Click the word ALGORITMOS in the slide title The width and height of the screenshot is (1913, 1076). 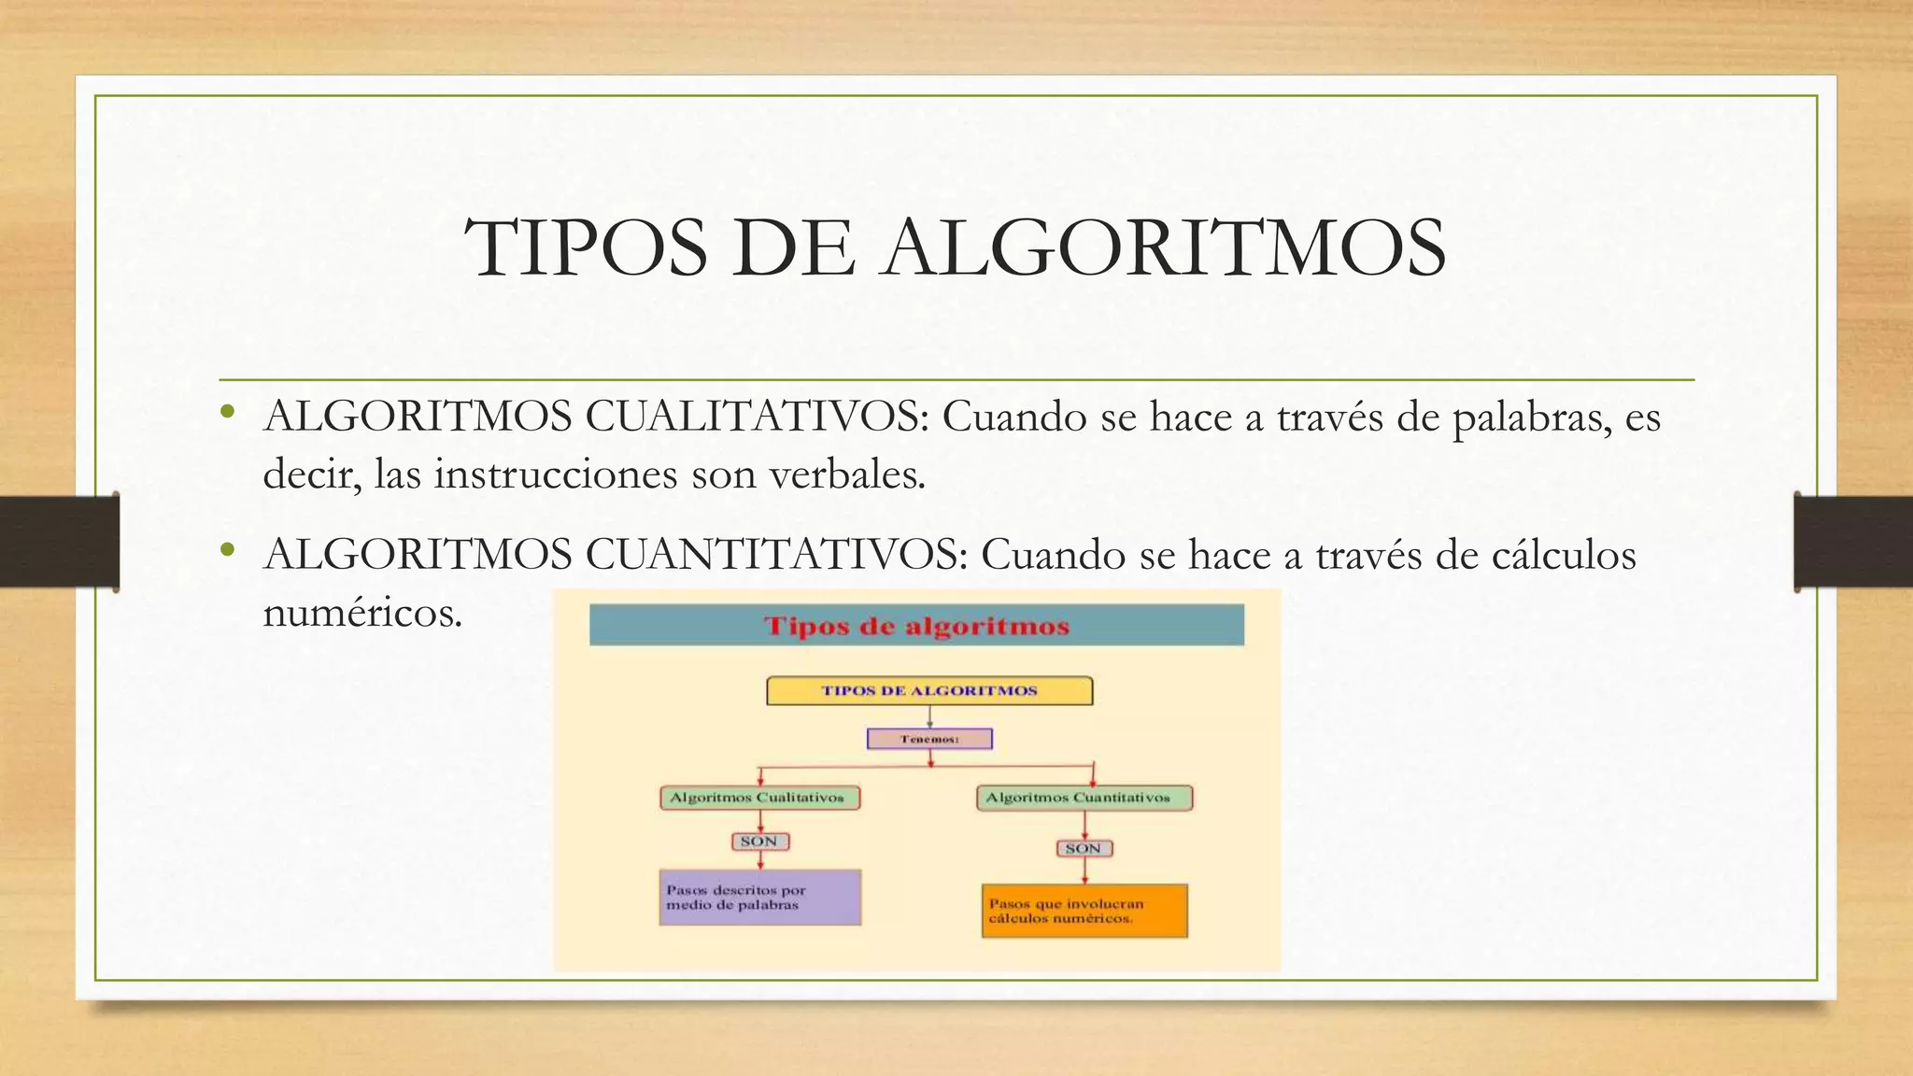[1165, 248]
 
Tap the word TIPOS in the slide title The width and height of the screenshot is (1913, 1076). [587, 248]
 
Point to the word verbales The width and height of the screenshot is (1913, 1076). [846, 474]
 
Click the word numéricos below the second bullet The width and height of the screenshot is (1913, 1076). [362, 613]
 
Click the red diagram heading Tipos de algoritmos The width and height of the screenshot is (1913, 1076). [916, 626]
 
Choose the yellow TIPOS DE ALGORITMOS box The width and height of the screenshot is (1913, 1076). [929, 691]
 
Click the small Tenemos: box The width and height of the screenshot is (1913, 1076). [929, 739]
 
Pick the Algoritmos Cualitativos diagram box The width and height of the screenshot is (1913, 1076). [758, 798]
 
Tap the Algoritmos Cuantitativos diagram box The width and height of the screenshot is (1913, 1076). [1084, 798]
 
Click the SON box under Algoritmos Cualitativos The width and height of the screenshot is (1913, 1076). [759, 842]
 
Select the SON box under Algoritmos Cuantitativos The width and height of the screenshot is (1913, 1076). [1084, 848]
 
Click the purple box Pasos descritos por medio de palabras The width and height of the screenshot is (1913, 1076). [759, 898]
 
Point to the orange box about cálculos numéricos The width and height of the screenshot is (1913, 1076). [1084, 911]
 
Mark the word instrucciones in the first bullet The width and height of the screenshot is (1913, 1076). [556, 474]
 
